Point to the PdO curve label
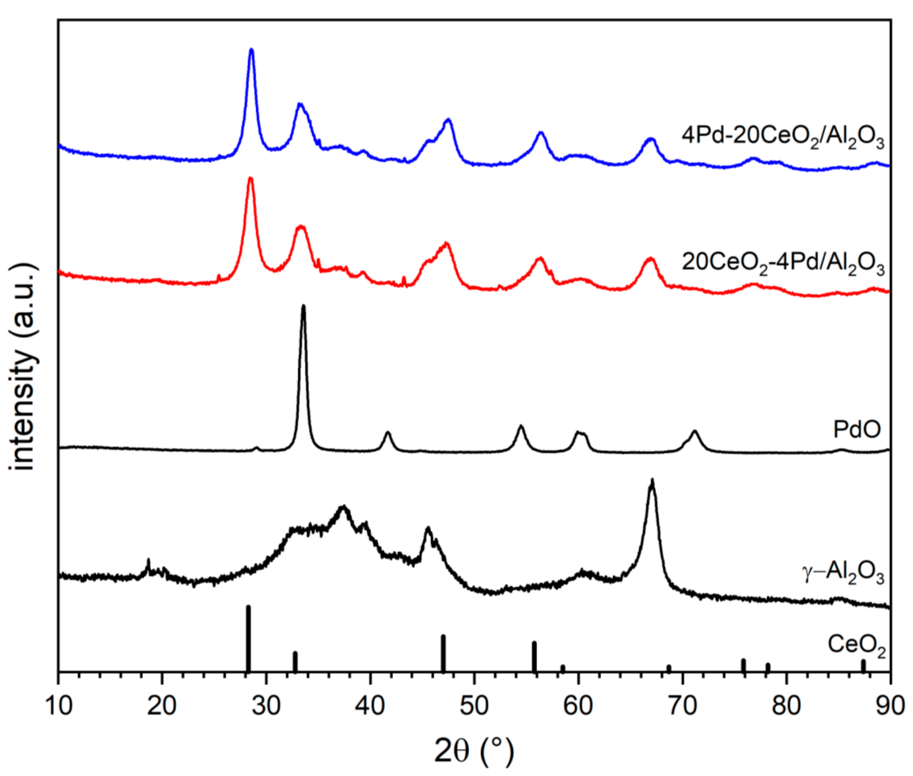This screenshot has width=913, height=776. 857,429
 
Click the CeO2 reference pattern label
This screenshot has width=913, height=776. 856,646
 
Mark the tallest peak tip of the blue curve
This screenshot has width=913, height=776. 251,50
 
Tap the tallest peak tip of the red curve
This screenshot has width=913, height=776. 251,178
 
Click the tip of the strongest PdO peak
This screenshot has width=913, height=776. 303,306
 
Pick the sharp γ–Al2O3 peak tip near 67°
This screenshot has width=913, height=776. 652,480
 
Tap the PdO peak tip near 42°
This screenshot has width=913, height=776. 388,433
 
